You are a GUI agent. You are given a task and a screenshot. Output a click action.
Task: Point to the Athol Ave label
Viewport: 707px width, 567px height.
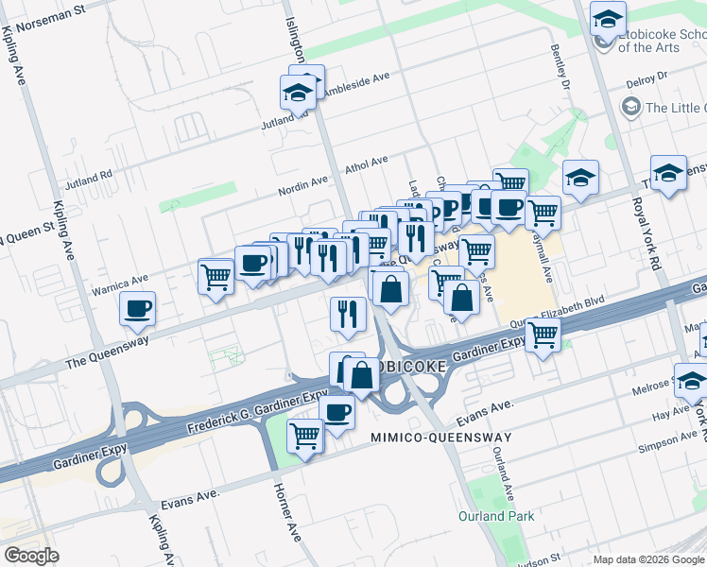pos(367,164)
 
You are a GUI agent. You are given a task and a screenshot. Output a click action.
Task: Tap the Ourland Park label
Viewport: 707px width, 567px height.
pos(496,516)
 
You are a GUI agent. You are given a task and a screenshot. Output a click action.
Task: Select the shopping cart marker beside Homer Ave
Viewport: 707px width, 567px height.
pos(305,437)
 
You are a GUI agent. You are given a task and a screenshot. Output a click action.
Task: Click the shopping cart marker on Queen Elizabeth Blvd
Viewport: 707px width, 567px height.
pos(543,335)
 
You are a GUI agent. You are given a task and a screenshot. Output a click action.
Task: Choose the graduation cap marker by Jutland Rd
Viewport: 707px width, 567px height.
pos(298,93)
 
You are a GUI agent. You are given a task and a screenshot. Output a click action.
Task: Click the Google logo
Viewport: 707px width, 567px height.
pos(31,556)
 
